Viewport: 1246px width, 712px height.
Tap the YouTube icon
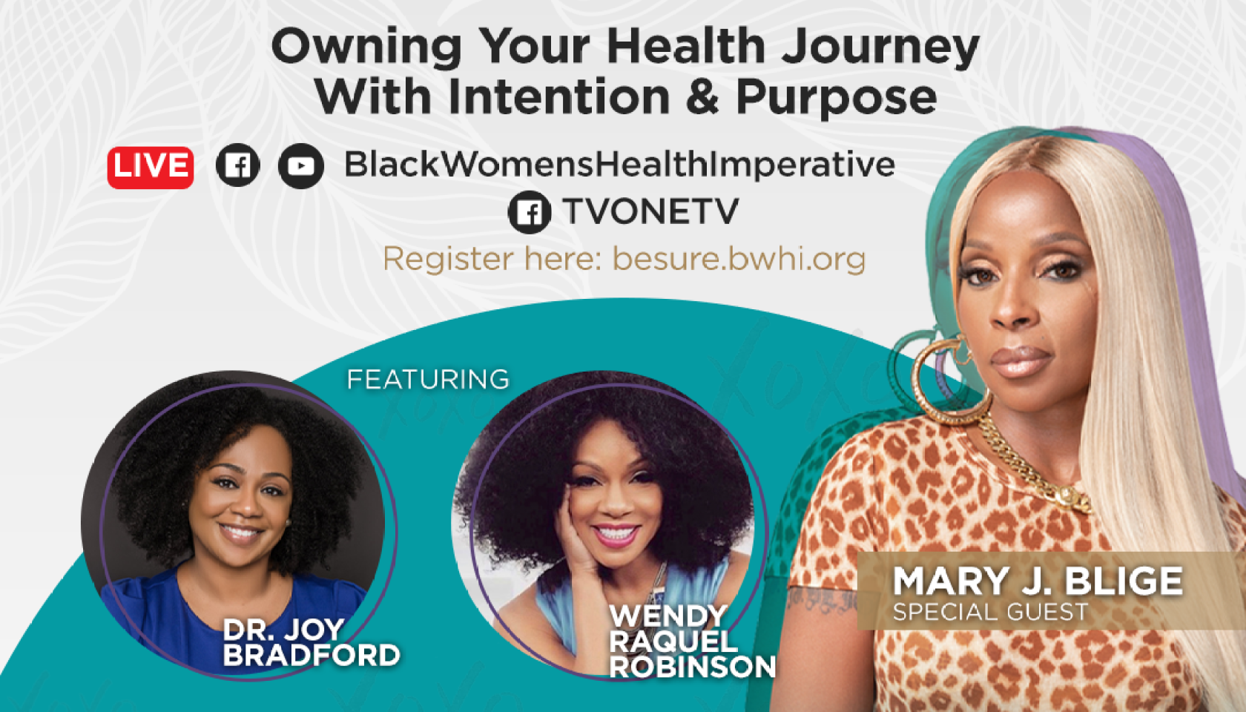pos(301,166)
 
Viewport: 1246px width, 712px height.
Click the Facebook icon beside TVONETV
pos(530,212)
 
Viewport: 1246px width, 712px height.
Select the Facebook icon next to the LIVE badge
pos(237,165)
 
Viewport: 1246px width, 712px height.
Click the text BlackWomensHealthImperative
pos(620,165)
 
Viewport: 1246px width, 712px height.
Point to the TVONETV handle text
pos(650,211)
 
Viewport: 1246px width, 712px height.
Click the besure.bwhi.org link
pos(739,260)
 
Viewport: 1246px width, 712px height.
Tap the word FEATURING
pos(428,380)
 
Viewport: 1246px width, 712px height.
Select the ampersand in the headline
pos(702,96)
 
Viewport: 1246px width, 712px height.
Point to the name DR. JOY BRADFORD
pos(311,642)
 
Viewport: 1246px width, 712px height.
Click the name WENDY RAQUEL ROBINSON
pos(692,642)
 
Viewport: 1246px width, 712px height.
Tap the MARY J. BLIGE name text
pos(1038,581)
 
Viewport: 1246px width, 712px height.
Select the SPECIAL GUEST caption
pos(990,612)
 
